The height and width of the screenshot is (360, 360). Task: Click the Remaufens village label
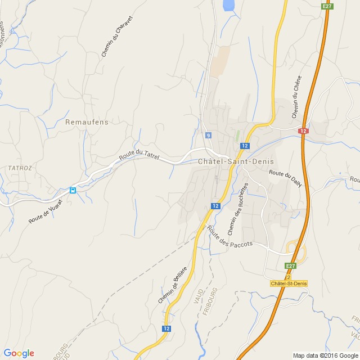tap(87, 121)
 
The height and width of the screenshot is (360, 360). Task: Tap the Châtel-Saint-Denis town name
tap(236, 161)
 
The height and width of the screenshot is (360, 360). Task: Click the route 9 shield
tap(208, 136)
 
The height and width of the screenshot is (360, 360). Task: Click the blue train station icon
tap(73, 190)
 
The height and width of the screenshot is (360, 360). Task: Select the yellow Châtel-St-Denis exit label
tap(288, 283)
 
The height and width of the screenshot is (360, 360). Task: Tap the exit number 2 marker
tap(287, 277)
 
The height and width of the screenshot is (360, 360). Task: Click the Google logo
tap(19, 353)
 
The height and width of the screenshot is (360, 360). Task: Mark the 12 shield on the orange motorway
tap(303, 130)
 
